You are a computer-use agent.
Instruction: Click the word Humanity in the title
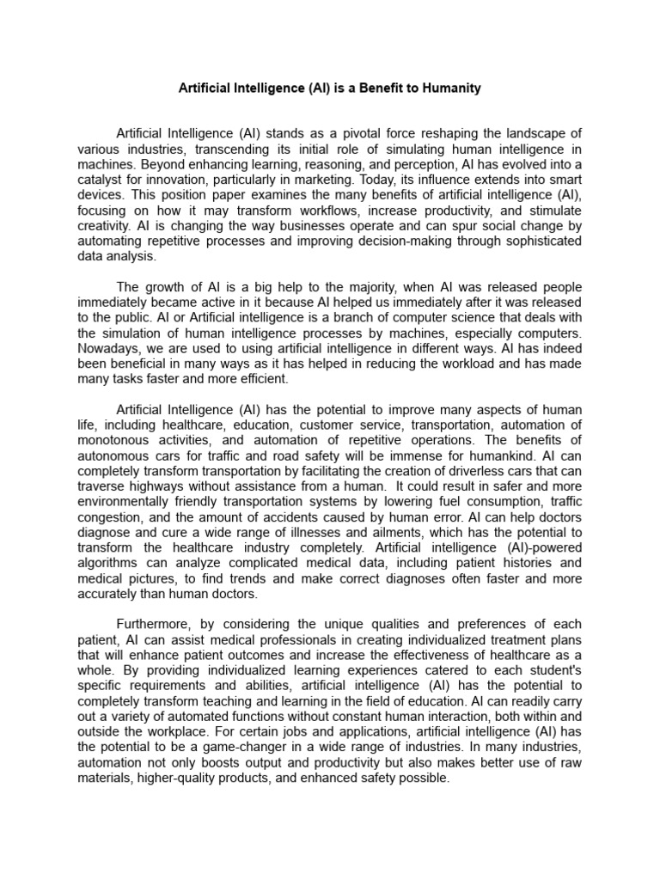pyautogui.click(x=445, y=89)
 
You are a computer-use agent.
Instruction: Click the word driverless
pyautogui.click(x=471, y=471)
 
